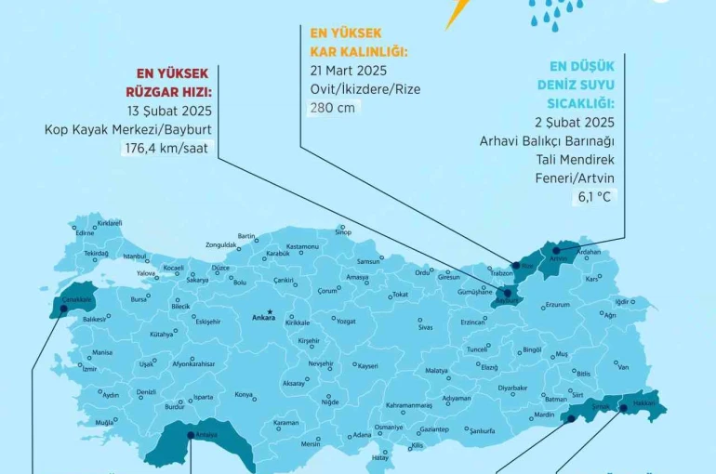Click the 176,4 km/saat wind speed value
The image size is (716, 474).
coord(166,147)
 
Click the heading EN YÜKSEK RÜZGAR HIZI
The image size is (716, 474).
coord(175,82)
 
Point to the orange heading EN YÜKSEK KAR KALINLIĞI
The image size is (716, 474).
coord(359,43)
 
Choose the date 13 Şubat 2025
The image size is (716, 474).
coord(168,111)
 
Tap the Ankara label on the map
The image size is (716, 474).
coord(264,318)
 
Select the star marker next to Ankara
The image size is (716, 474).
coord(270,311)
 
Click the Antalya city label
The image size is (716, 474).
coord(206,434)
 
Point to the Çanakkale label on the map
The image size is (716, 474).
coord(75,300)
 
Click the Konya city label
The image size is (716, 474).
coord(244,395)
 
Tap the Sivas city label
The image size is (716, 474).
coord(425,327)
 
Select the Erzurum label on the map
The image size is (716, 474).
coord(556,305)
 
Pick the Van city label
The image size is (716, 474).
coord(623,366)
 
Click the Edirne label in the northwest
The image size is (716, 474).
coord(86,232)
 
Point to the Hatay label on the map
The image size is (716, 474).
coord(379,457)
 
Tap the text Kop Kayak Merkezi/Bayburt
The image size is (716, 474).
coord(128,129)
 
